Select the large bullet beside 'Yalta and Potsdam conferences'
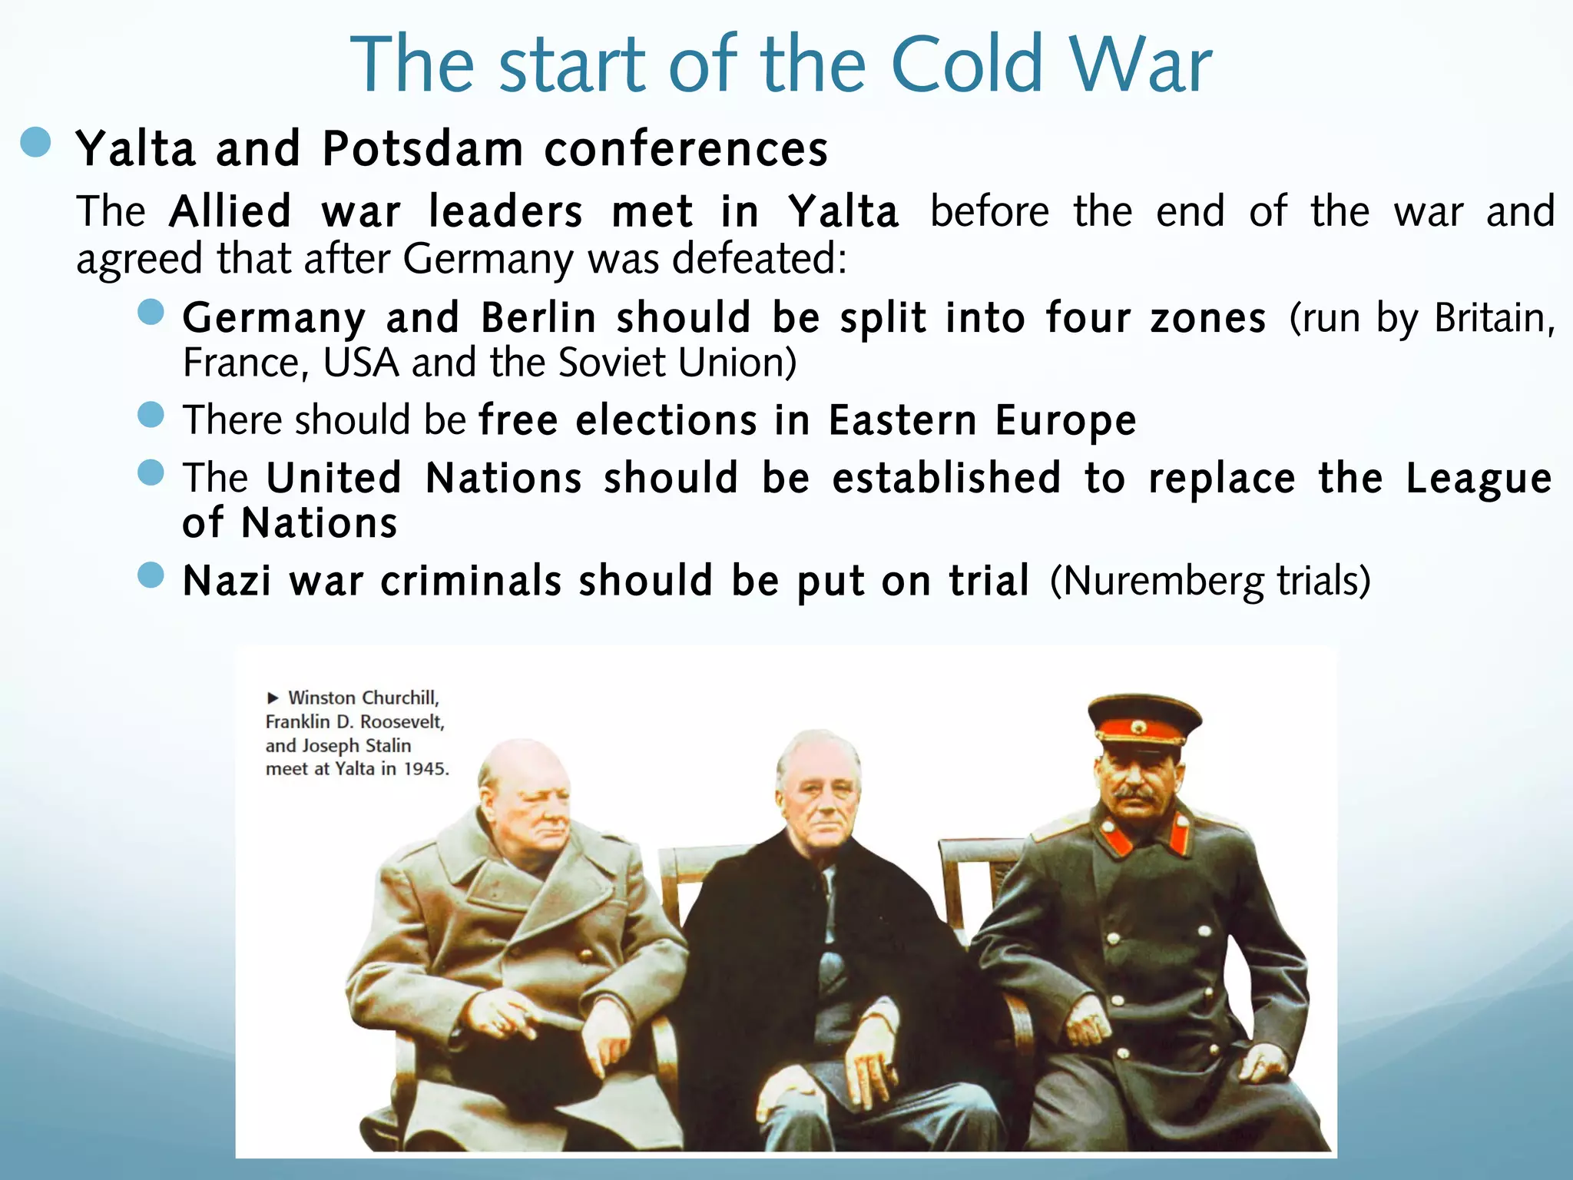click(x=36, y=142)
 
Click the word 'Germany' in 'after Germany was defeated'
click(x=488, y=260)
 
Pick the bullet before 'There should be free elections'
click(x=151, y=415)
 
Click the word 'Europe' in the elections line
click(x=1065, y=421)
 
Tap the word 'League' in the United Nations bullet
click(x=1479, y=479)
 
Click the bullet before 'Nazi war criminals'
click(x=151, y=575)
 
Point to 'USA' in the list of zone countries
click(x=361, y=363)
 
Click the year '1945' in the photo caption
click(x=426, y=769)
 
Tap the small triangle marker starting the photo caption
click(x=273, y=698)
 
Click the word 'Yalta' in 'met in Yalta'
click(x=843, y=212)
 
